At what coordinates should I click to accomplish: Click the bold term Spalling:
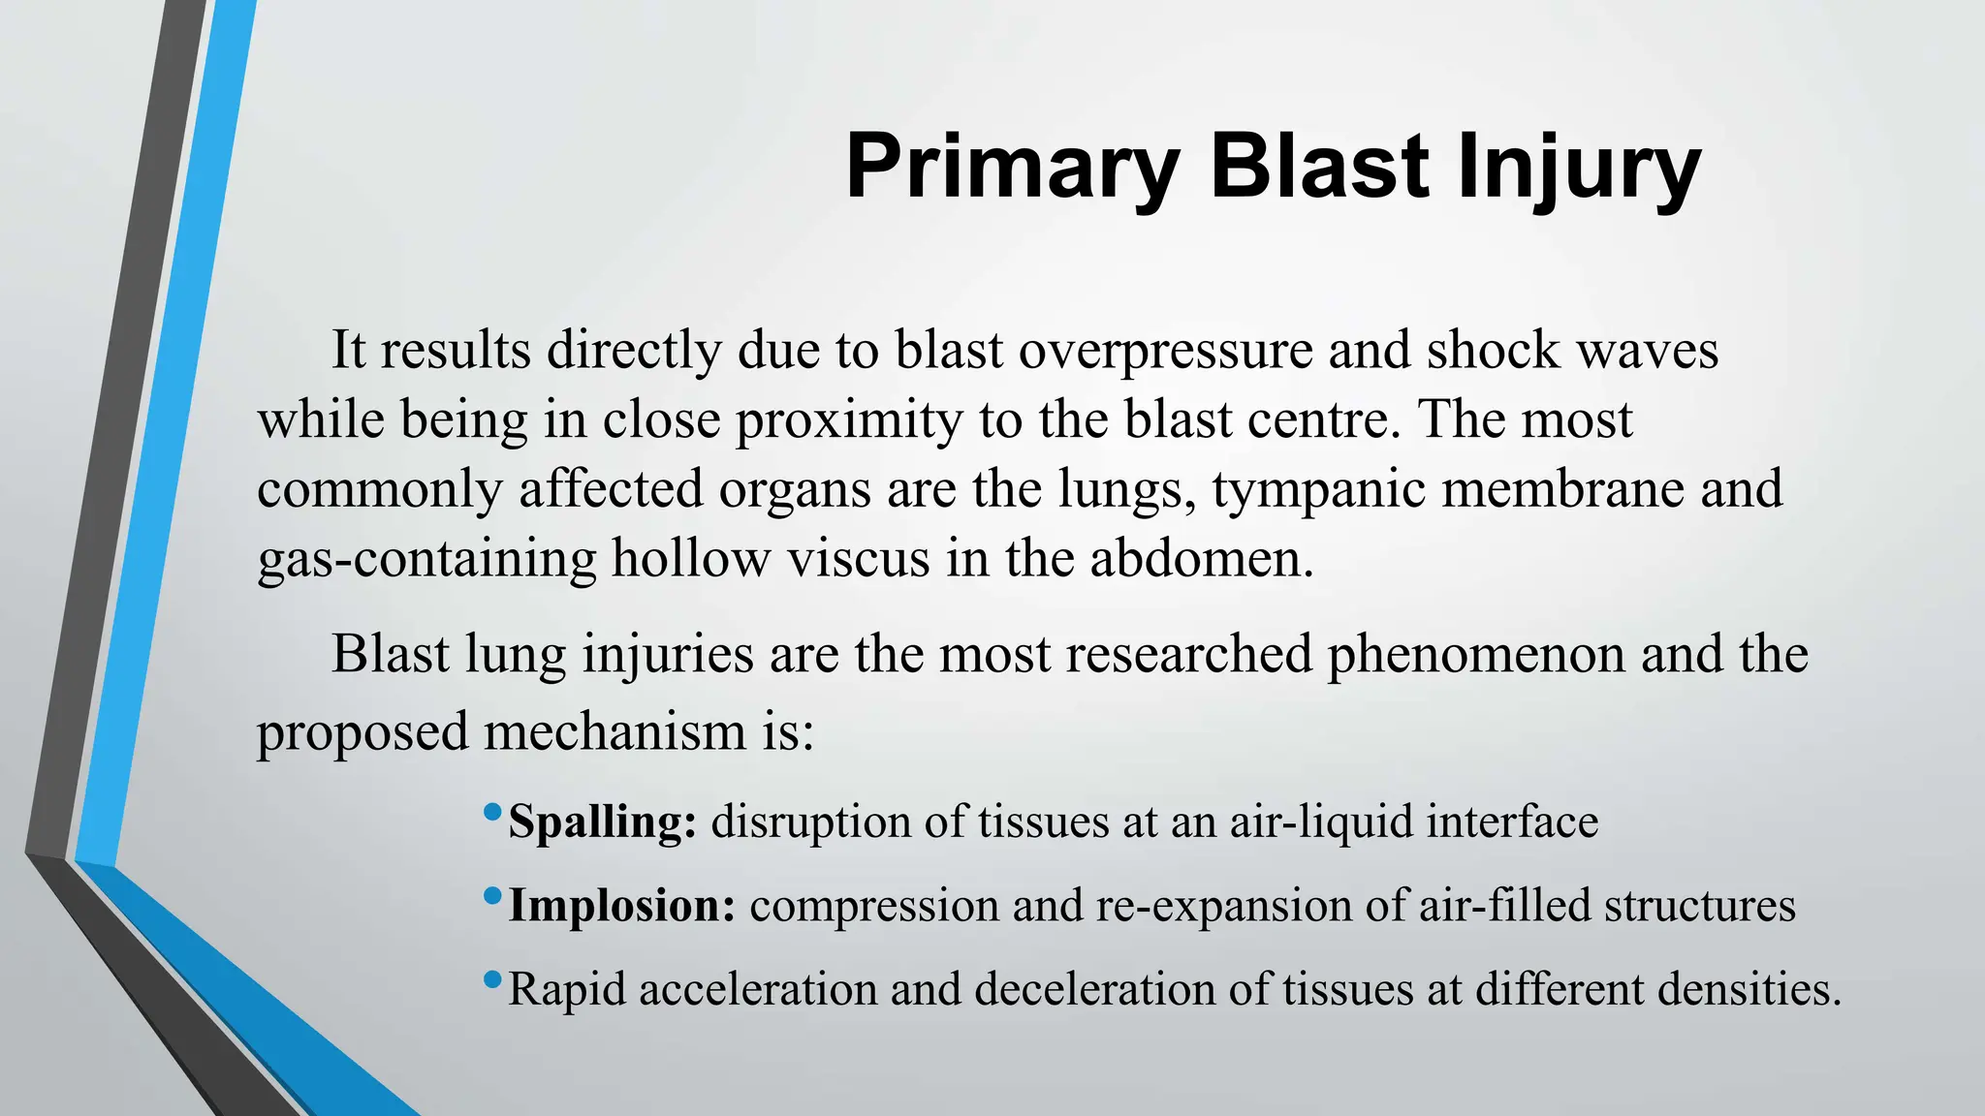(602, 821)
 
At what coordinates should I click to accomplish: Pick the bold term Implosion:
(622, 906)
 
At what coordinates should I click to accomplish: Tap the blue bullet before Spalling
(492, 810)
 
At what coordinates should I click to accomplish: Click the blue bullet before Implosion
(492, 894)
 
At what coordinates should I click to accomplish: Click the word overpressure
(1165, 351)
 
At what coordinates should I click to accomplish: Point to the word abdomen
(1201, 559)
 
